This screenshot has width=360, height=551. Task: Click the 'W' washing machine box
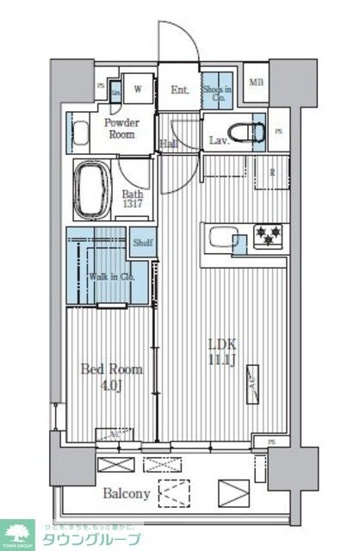click(x=138, y=87)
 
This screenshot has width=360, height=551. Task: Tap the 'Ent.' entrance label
click(x=180, y=89)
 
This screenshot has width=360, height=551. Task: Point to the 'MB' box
click(x=257, y=84)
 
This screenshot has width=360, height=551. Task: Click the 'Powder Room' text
click(x=122, y=128)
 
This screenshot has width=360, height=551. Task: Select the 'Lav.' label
click(x=218, y=140)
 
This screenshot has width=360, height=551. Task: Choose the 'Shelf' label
click(x=143, y=243)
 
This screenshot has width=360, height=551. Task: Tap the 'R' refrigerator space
click(x=272, y=172)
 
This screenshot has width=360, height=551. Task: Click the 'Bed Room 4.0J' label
click(x=112, y=376)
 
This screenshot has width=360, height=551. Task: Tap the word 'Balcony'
click(x=127, y=494)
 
